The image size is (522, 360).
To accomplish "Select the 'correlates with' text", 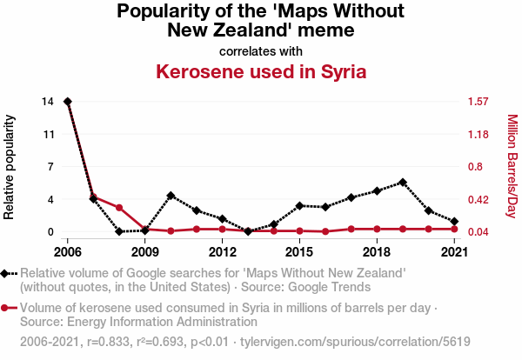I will [260, 50].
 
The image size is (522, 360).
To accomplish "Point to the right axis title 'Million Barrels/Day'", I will [512, 166].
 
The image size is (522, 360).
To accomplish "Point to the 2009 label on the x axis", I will [145, 252].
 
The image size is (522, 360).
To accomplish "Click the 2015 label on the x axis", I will [299, 252].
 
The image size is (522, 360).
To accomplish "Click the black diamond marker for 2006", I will [68, 102].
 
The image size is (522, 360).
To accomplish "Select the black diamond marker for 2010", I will [171, 196].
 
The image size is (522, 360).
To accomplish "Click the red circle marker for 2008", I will [119, 208].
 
